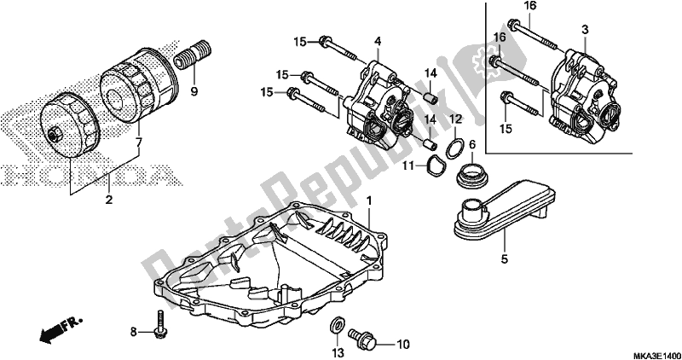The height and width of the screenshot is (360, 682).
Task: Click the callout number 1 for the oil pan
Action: point(369,200)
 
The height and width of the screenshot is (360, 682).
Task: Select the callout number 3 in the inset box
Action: point(585,30)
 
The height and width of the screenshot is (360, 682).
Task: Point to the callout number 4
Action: point(378,40)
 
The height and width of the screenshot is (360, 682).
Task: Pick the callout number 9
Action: point(194,90)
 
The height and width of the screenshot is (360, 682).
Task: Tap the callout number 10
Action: point(403,344)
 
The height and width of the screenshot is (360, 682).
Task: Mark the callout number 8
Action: point(133,331)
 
